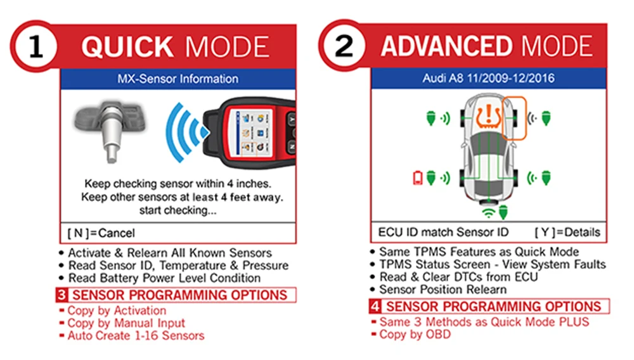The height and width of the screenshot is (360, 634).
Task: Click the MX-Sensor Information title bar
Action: point(178,79)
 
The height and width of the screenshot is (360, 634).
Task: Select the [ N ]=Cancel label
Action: point(102,233)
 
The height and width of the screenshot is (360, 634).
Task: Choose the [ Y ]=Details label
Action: point(567,232)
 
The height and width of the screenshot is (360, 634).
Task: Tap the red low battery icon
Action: point(418,178)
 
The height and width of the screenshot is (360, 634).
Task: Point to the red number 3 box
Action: point(61,295)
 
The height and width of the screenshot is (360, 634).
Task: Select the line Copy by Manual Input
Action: point(127,323)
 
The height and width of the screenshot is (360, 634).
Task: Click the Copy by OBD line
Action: point(415,334)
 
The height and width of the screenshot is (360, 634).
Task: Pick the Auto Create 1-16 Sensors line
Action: point(136,335)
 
